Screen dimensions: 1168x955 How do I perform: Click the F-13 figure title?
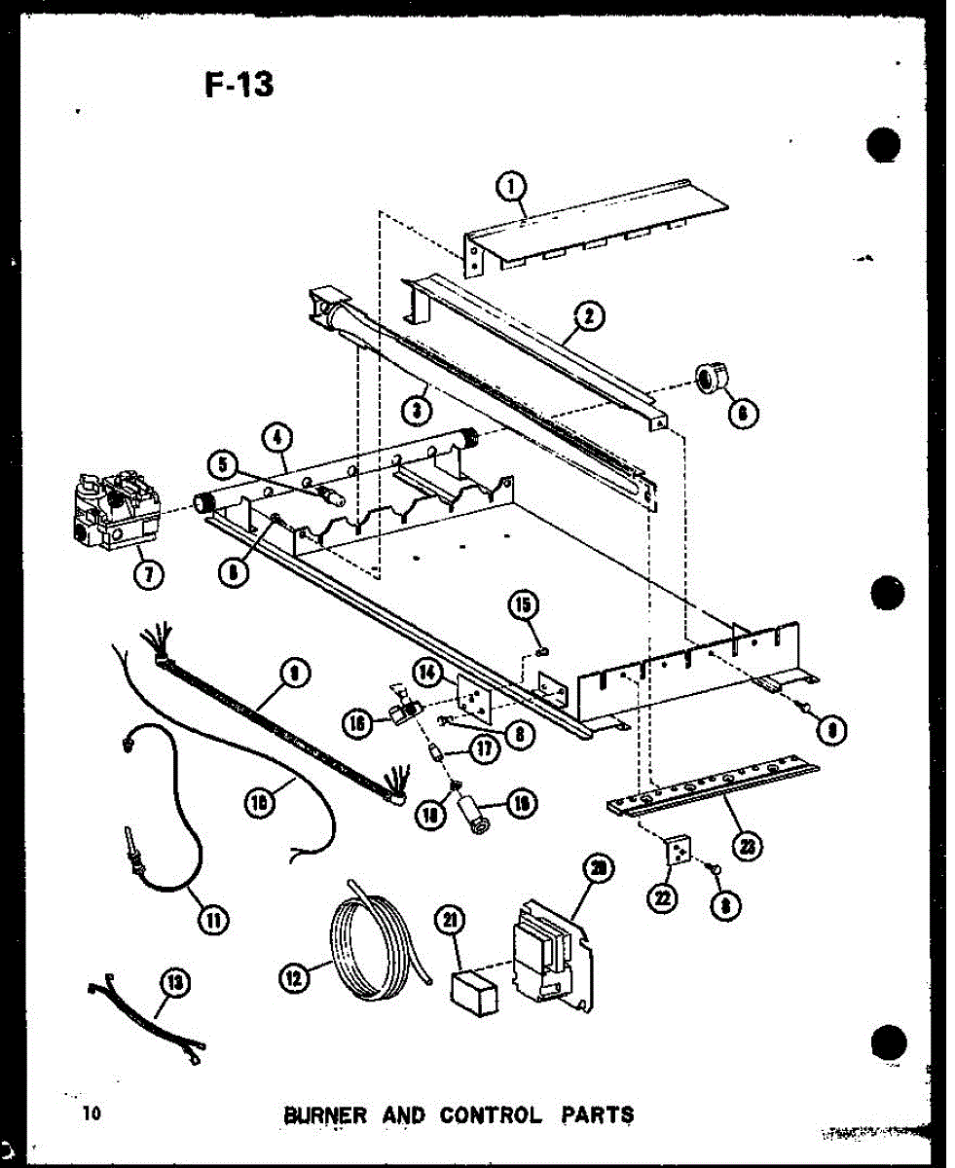click(239, 86)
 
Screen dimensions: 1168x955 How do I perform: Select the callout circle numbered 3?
click(417, 411)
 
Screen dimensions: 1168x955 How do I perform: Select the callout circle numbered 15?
click(522, 605)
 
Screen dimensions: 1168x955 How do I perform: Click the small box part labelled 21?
click(473, 989)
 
